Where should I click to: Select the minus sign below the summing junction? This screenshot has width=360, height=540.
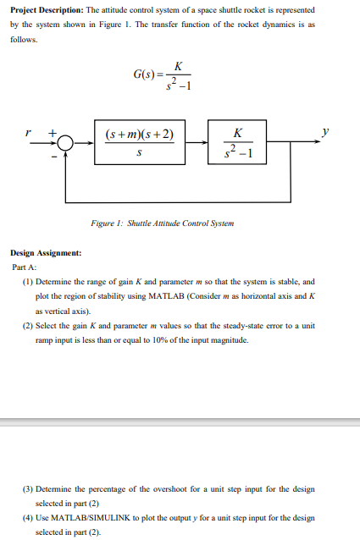click(57, 155)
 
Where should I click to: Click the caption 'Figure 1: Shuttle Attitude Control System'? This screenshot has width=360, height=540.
click(162, 223)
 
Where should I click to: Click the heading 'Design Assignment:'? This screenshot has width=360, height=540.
click(46, 253)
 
